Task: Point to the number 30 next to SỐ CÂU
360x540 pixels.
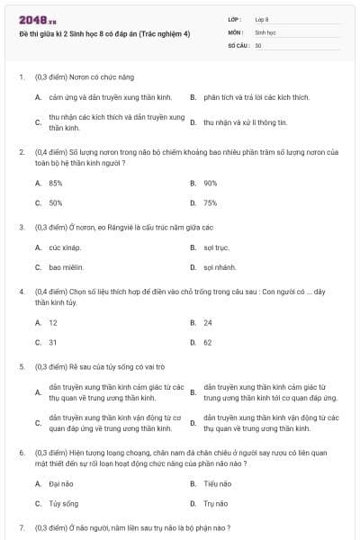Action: [x=258, y=44]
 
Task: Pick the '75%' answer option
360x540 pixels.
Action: [x=211, y=202]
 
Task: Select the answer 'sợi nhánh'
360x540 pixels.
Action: [x=220, y=267]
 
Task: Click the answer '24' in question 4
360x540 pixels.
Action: [x=208, y=321]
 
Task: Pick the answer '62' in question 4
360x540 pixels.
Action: [x=208, y=342]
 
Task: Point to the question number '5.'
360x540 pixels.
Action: [x=22, y=367]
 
